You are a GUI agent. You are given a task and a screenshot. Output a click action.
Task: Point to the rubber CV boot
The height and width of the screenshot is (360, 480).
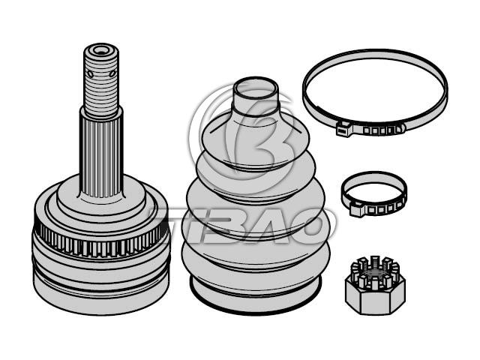[256, 196]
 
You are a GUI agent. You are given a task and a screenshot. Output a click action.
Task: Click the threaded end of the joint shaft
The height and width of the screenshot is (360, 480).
[101, 81]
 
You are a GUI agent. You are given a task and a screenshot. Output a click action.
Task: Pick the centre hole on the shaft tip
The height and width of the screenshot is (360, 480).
[100, 50]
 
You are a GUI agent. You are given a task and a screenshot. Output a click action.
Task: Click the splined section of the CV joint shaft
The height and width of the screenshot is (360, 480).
[101, 153]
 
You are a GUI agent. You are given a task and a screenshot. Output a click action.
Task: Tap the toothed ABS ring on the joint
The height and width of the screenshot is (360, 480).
[101, 240]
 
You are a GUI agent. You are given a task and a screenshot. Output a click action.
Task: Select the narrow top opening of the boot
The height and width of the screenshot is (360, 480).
[256, 91]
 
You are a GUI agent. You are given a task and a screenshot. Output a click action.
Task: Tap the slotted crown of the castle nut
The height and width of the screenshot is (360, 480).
[375, 271]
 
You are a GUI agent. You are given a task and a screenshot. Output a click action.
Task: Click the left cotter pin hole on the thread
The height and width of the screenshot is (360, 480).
[90, 73]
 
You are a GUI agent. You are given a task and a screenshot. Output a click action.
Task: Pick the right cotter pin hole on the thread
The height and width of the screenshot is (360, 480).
[112, 73]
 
